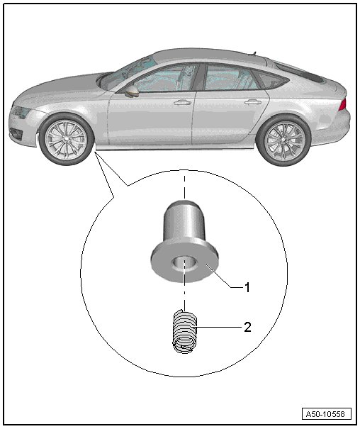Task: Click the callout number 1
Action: click(247, 288)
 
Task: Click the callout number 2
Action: click(247, 327)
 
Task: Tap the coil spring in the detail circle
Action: click(185, 331)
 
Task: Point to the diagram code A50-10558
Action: click(327, 413)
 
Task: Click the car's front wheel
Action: click(66, 139)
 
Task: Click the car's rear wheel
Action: click(283, 140)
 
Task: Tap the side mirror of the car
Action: click(133, 91)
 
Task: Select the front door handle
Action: click(182, 103)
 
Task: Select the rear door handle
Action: click(253, 103)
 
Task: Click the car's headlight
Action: click(20, 111)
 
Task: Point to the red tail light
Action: click(343, 105)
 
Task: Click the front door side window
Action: click(164, 78)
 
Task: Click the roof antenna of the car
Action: click(254, 52)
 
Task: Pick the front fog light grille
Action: click(16, 133)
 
